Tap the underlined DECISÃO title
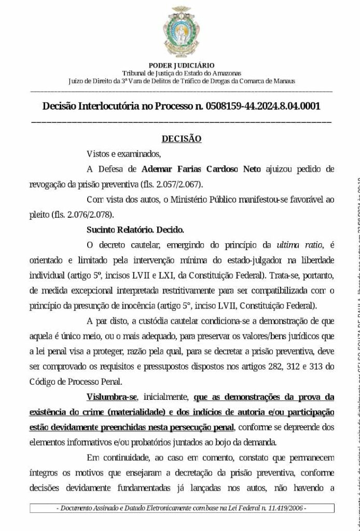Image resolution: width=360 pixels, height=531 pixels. click(182, 139)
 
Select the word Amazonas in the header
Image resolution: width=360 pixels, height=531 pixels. click(226, 73)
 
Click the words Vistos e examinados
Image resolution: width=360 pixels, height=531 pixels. click(124, 154)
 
